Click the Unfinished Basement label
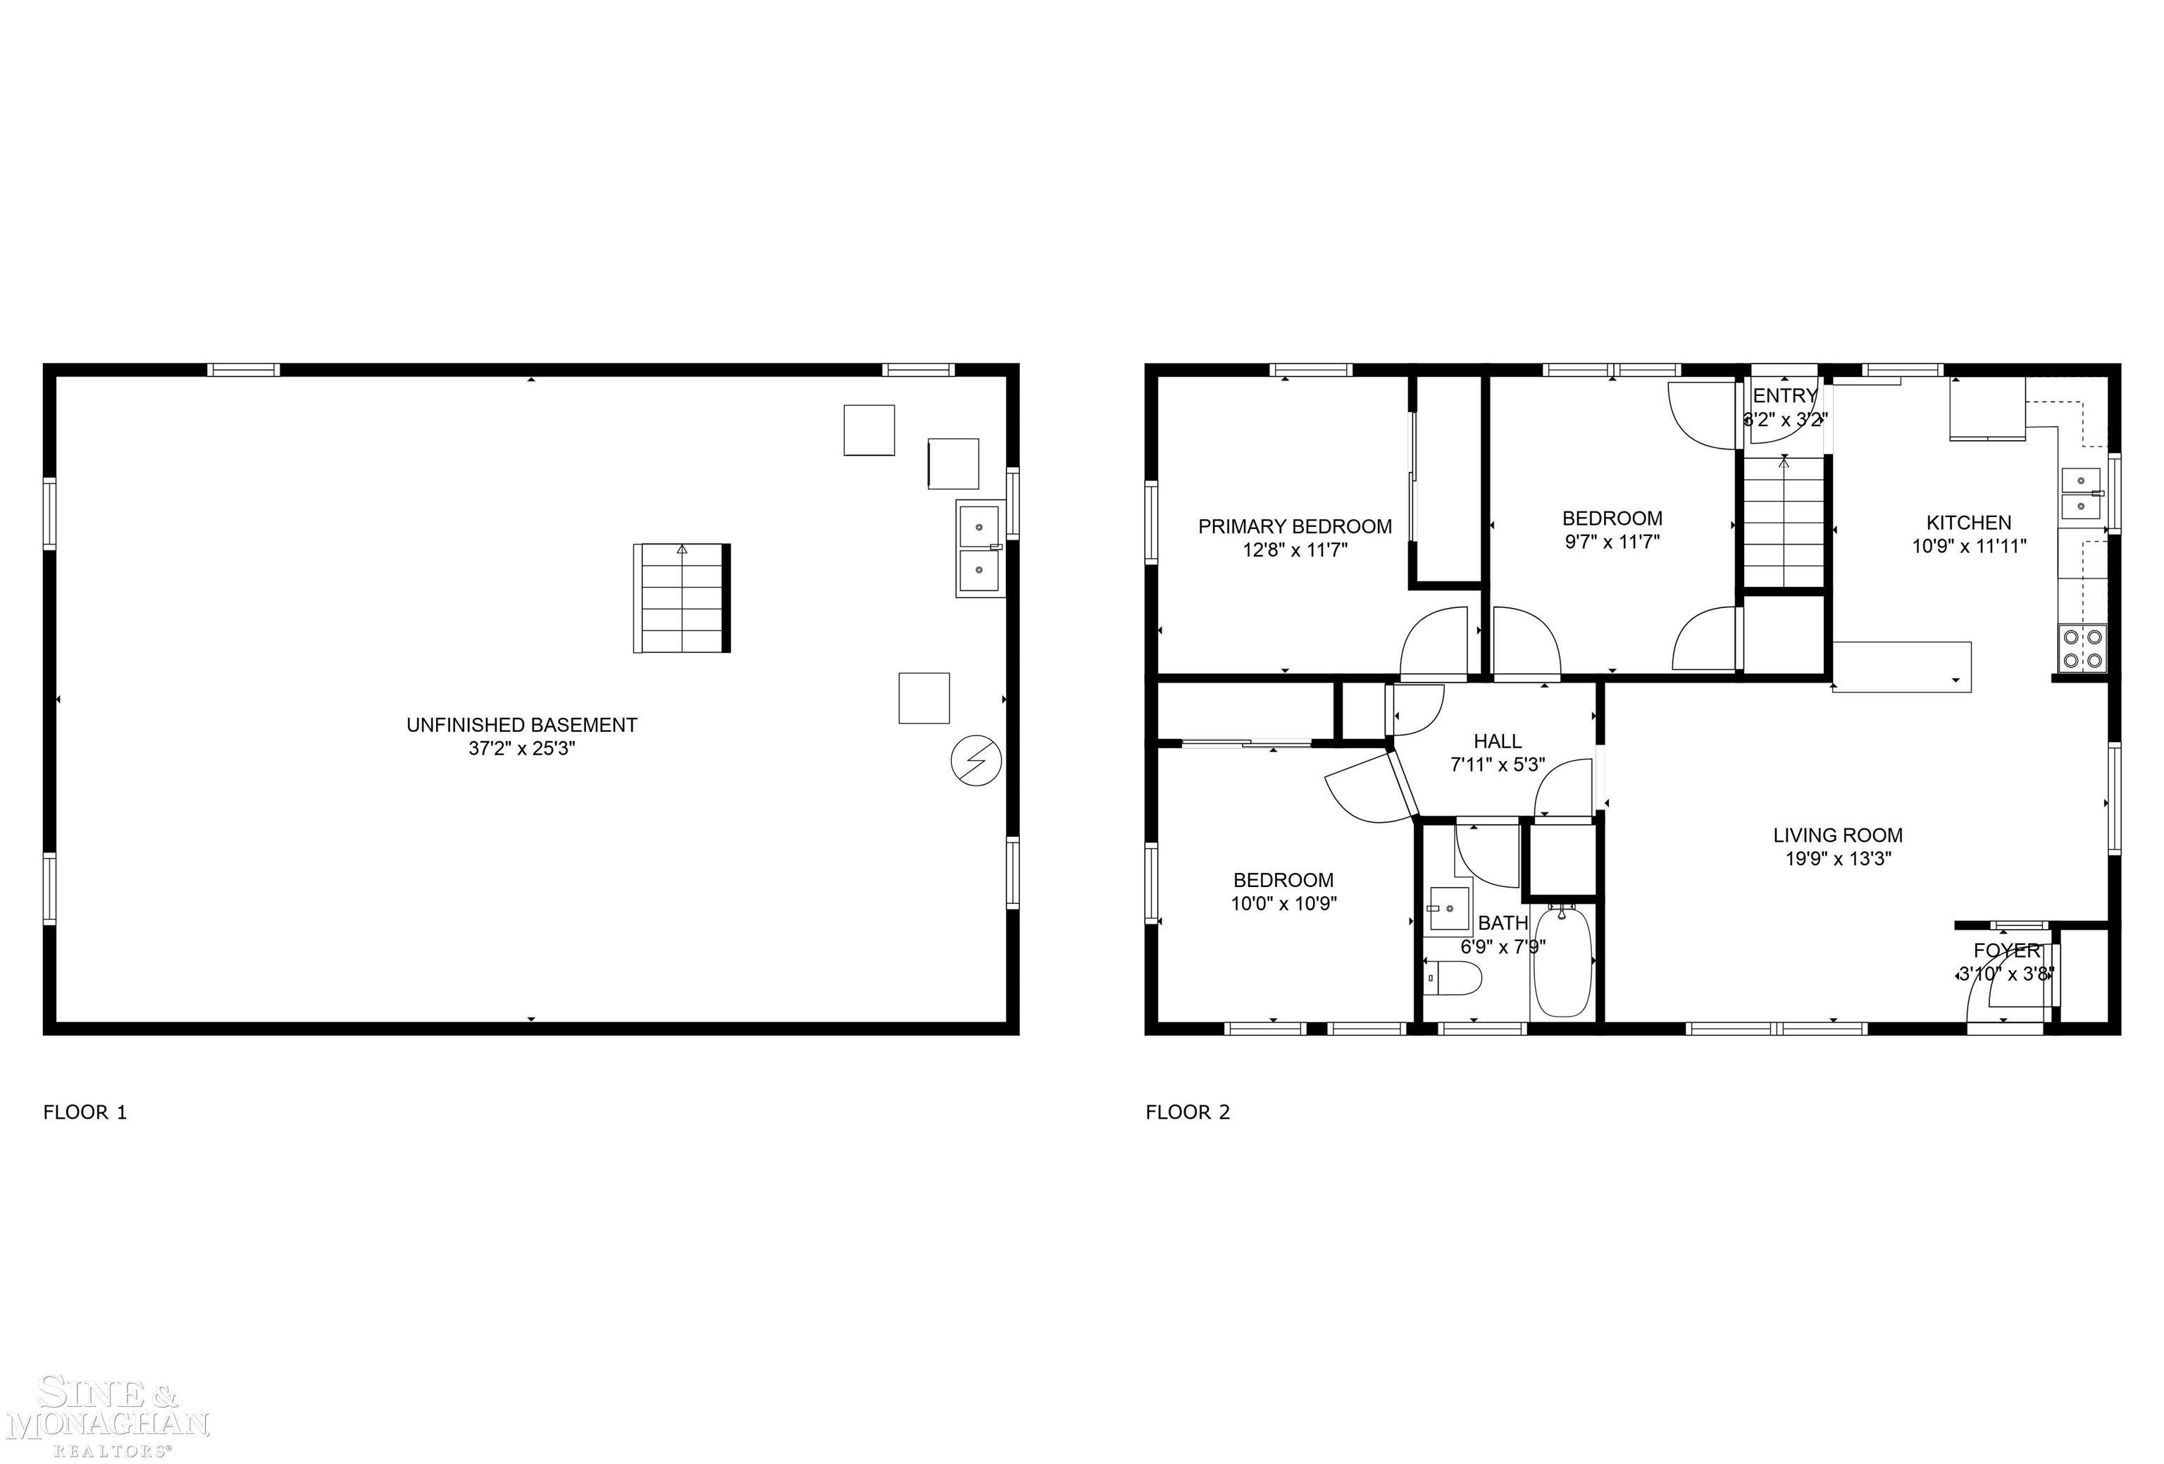tap(521, 724)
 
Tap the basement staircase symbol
tap(682, 598)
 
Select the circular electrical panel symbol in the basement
tap(975, 761)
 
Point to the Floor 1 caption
tap(85, 1112)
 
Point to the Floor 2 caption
tap(1187, 1112)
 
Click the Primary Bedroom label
tap(1294, 526)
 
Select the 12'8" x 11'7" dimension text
tap(1294, 550)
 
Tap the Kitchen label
tap(1968, 523)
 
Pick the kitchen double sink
tap(2080, 494)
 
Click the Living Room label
tap(1837, 836)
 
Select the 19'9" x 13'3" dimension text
tap(1837, 859)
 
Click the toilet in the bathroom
tap(1453, 978)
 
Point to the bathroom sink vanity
tap(1449, 908)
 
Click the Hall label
tap(1498, 741)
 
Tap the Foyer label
tap(2007, 951)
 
